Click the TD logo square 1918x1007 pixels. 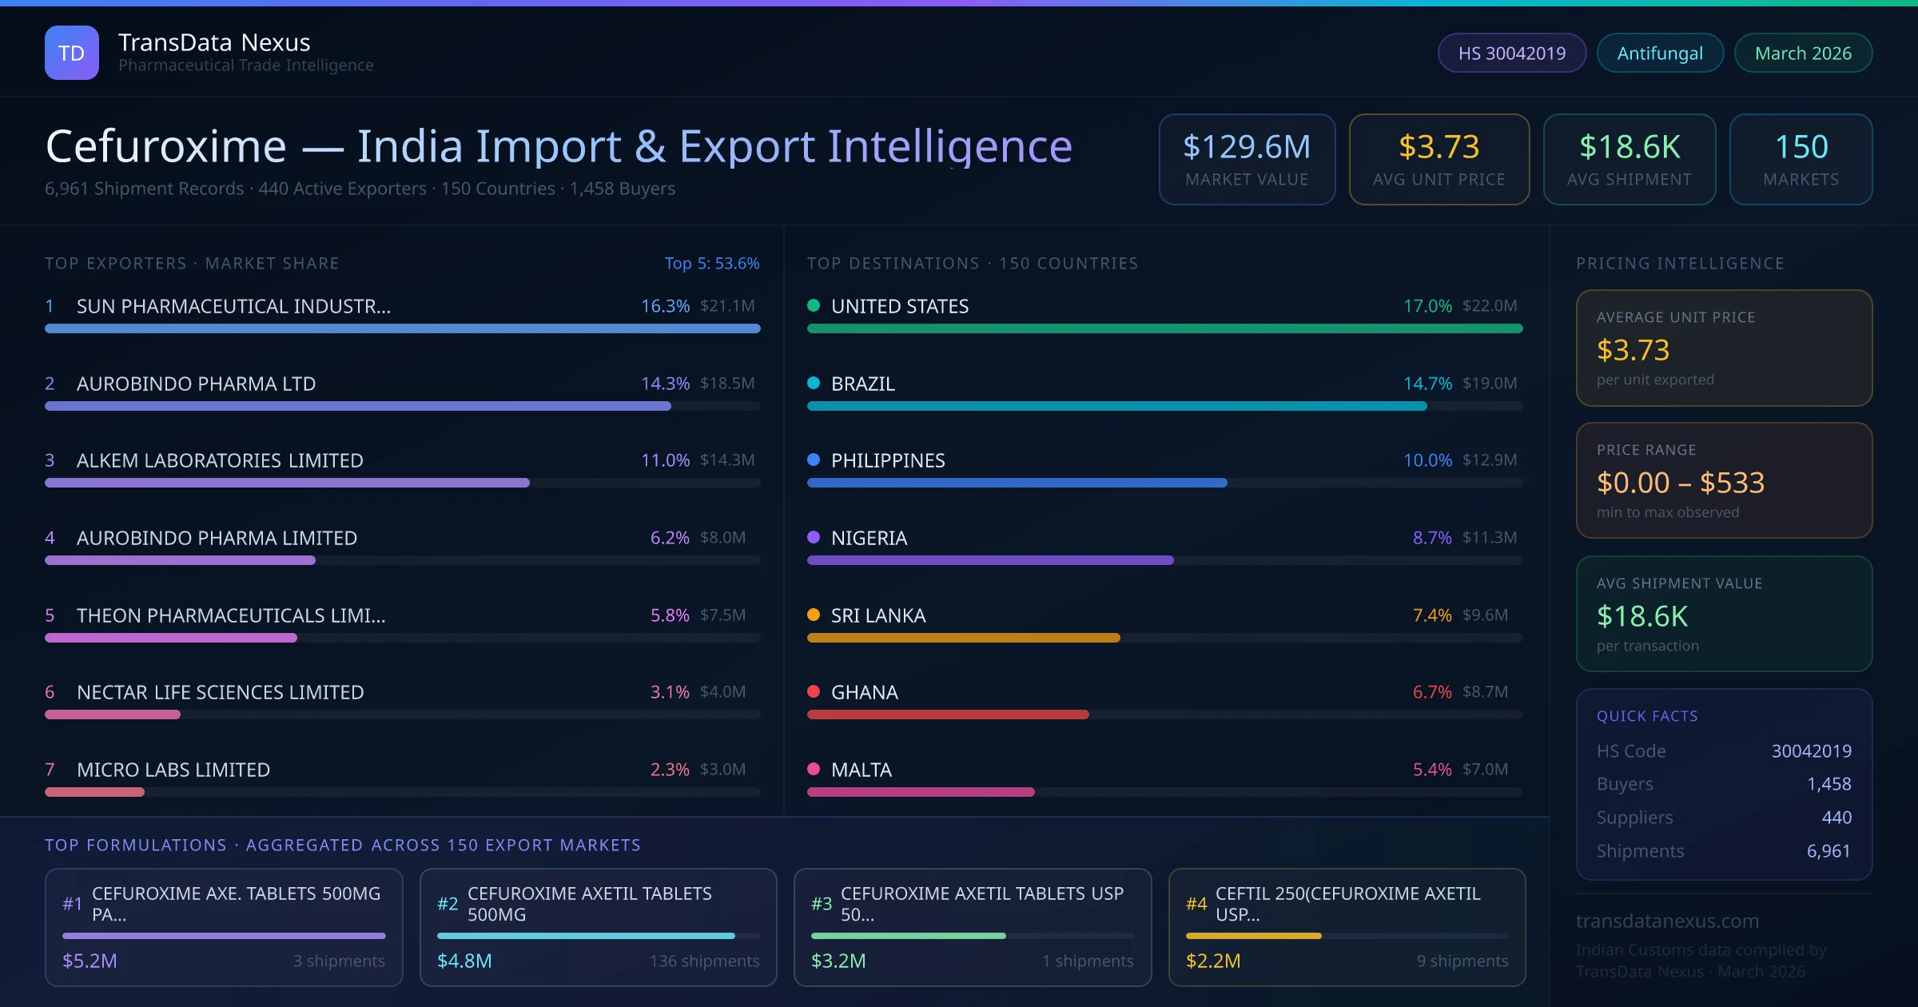(x=72, y=53)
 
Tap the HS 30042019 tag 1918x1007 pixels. (x=1511, y=53)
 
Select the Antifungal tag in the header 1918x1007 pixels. (x=1660, y=53)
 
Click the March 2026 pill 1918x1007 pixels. (x=1803, y=53)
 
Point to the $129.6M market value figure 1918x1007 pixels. (x=1247, y=146)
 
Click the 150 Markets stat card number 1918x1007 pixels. (x=1801, y=146)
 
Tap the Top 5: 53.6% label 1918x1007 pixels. (x=712, y=263)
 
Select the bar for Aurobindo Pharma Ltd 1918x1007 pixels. (x=358, y=406)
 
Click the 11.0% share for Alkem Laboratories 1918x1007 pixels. (x=665, y=460)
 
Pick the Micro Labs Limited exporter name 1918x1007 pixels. (x=173, y=770)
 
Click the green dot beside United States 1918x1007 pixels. (x=814, y=305)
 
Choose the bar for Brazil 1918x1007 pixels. (x=1116, y=406)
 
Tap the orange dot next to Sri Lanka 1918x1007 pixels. (x=814, y=615)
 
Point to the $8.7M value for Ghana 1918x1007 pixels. (x=1485, y=692)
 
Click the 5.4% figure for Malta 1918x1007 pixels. (x=1432, y=770)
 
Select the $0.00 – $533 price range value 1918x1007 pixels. (x=1680, y=483)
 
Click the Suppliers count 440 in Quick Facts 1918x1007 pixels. (x=1836, y=818)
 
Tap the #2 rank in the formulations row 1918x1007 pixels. (x=448, y=904)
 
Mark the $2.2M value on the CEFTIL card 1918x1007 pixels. (x=1213, y=961)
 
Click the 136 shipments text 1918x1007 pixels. (x=704, y=961)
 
